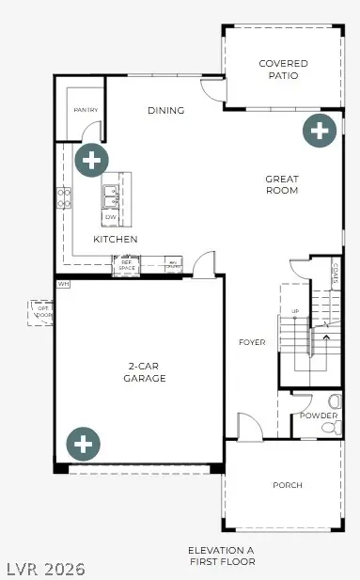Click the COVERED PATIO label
[283, 70]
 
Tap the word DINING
[165, 111]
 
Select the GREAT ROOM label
[281, 184]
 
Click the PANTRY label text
[86, 110]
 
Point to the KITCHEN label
[116, 240]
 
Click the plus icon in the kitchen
[91, 161]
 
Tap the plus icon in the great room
[320, 131]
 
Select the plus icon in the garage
[83, 443]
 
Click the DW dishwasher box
[111, 217]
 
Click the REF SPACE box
[126, 267]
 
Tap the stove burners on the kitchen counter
[64, 196]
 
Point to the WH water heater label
[64, 283]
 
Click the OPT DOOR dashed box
[41, 309]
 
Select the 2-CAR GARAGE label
[144, 371]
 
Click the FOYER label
[252, 342]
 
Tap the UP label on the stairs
[296, 310]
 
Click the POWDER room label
[318, 415]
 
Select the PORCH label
[288, 485]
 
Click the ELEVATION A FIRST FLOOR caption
[222, 555]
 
